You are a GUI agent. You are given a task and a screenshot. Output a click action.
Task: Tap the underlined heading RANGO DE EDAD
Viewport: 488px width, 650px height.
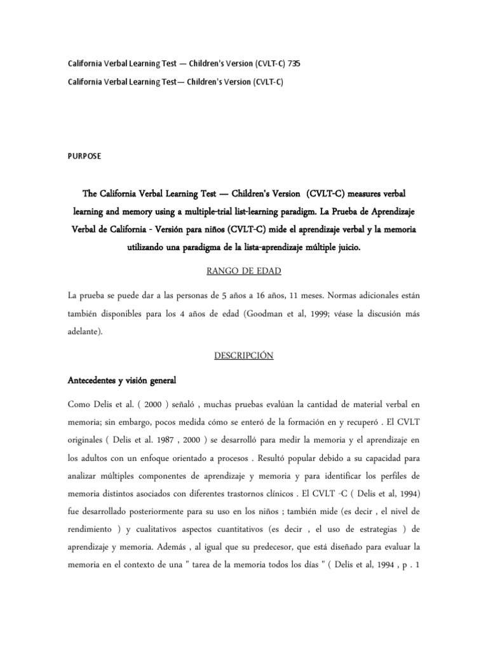pos(243,272)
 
